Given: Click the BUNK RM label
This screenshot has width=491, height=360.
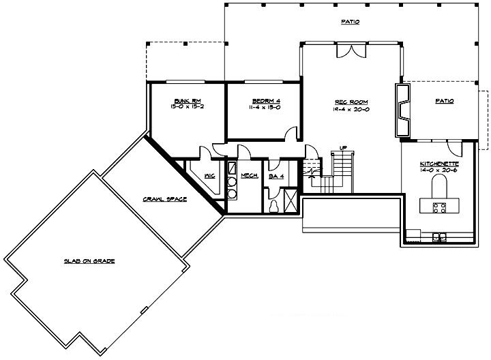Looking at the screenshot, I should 185,101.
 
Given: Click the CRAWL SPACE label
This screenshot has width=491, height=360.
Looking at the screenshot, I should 165,199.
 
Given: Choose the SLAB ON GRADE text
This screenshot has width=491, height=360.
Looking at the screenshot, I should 89,261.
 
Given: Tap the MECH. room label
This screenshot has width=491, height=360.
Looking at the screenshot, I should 249,175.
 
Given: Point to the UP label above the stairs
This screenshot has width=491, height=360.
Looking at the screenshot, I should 344,147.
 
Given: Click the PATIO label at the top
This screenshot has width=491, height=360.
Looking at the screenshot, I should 350,22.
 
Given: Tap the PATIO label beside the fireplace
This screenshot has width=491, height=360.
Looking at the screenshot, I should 444,101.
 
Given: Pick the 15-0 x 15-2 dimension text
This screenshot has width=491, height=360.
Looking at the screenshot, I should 185,108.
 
